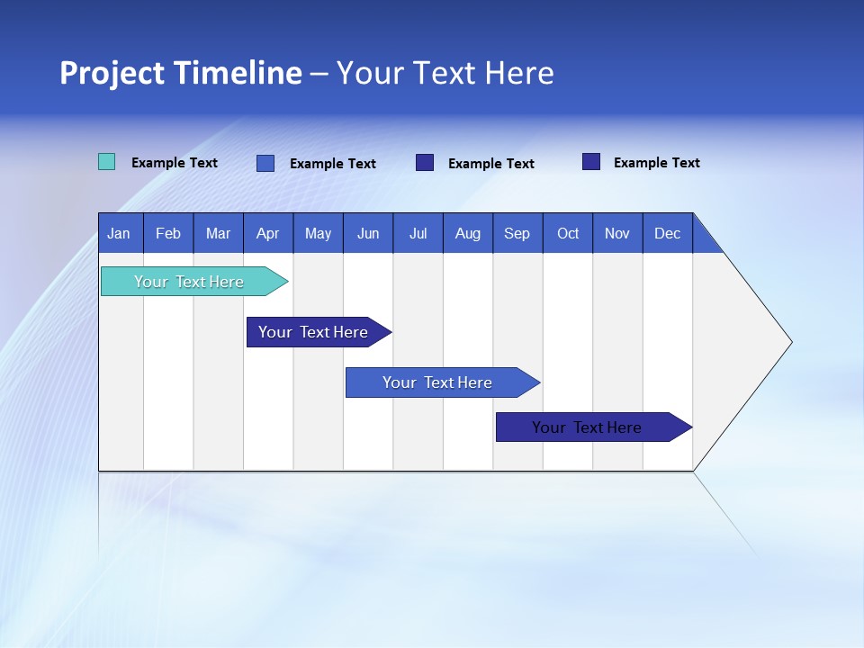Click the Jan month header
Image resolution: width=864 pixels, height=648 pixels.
(x=120, y=233)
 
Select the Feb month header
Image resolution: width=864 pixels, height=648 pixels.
(x=168, y=233)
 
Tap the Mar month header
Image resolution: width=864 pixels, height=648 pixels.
(x=218, y=233)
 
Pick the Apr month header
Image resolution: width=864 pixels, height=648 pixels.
(x=268, y=233)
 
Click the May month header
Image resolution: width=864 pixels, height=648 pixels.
(x=318, y=233)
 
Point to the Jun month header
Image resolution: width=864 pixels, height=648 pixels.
(x=368, y=233)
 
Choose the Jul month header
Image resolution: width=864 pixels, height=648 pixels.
(x=418, y=233)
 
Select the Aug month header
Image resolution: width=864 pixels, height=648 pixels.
(x=468, y=233)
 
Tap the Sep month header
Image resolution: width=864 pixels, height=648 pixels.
(x=517, y=233)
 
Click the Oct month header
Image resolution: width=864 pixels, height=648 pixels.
(x=568, y=233)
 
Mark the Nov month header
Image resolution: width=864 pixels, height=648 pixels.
(x=617, y=233)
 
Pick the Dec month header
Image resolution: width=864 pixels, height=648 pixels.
(x=668, y=233)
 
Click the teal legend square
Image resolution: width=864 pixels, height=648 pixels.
(x=106, y=162)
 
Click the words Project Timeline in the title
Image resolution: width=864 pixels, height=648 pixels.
(x=181, y=73)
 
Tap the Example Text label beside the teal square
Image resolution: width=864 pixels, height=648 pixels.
(x=175, y=163)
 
